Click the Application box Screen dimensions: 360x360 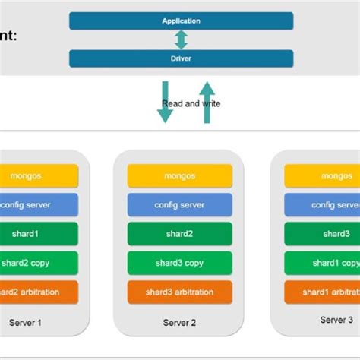coord(181,21)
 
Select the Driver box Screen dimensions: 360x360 coord(181,58)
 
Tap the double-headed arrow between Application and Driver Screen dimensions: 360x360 coord(181,39)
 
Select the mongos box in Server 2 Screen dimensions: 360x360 coord(179,175)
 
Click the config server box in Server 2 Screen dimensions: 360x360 coord(179,204)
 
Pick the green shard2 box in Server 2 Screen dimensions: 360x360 coord(179,233)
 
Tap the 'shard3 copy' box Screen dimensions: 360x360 coord(179,262)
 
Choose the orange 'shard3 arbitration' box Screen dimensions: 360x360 coord(179,292)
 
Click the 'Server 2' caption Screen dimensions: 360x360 coord(179,322)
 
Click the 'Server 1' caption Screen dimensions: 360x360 coord(25,322)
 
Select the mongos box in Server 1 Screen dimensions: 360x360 coord(39,175)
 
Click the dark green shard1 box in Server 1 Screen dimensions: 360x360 coord(39,233)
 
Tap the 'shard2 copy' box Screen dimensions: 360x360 coord(39,262)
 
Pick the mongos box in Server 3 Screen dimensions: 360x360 coord(322,175)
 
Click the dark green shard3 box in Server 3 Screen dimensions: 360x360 coord(322,233)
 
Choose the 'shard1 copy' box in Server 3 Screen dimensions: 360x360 coord(322,262)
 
